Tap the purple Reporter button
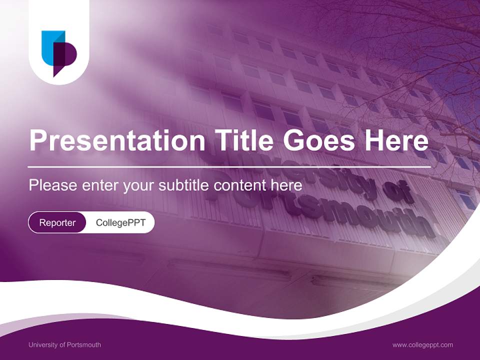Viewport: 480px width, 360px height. click(57, 222)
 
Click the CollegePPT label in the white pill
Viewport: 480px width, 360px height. click(120, 222)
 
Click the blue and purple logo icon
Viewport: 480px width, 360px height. click(59, 53)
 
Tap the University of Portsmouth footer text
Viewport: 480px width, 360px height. click(64, 344)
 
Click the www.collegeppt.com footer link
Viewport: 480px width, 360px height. click(422, 344)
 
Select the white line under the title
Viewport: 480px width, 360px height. click(229, 166)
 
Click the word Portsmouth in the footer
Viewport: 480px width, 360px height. click(84, 344)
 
